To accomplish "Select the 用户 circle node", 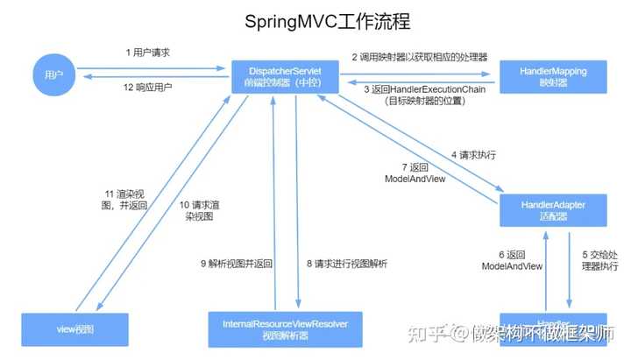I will pyautogui.click(x=53, y=75).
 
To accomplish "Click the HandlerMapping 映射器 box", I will pyautogui.click(x=554, y=75).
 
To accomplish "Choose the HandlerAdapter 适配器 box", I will pyautogui.click(x=553, y=210).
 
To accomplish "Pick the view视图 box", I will pyautogui.click(x=74, y=328).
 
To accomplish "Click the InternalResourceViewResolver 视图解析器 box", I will pyautogui.click(x=279, y=328).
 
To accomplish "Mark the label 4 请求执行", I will pyautogui.click(x=474, y=155).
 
